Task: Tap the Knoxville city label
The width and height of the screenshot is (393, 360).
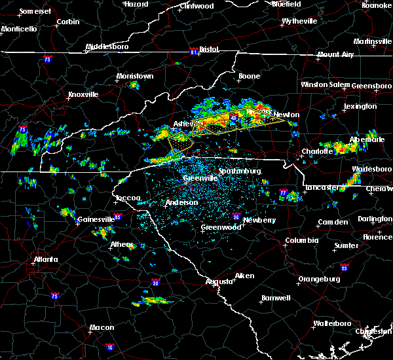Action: pos(83,94)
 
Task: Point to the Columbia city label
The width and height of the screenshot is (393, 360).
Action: pos(302,240)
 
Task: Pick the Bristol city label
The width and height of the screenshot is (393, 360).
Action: pos(208,49)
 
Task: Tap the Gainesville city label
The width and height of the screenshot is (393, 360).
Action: pos(96,219)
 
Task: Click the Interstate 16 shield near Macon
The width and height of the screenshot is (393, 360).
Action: pos(109,347)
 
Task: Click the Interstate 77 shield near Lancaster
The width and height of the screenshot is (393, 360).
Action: pos(283,194)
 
